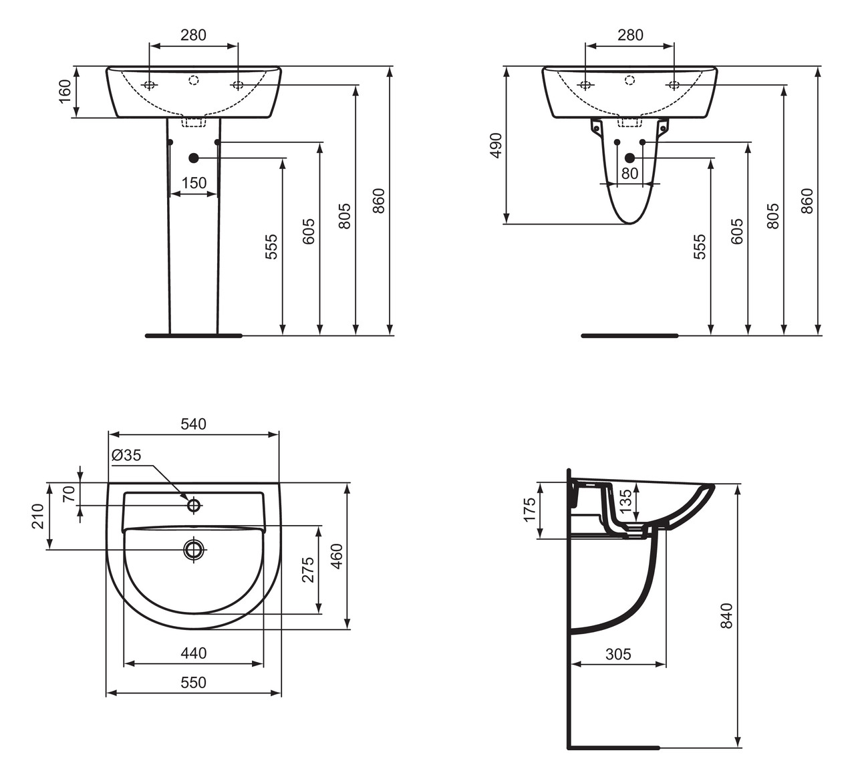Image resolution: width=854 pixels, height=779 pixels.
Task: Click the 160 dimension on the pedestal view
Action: (x=64, y=92)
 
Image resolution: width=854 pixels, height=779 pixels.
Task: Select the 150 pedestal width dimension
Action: (x=194, y=182)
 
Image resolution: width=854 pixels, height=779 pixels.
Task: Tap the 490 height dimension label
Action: (x=495, y=145)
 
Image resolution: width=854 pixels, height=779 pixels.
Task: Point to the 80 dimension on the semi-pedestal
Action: (x=629, y=174)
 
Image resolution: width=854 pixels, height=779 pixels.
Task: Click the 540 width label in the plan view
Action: (x=193, y=424)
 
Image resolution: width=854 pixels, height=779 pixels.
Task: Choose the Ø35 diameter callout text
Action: (x=126, y=455)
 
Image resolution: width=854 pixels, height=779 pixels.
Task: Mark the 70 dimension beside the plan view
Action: (x=67, y=494)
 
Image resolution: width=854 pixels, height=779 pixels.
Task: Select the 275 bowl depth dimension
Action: (x=307, y=569)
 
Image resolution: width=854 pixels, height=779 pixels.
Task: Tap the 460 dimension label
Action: (x=337, y=556)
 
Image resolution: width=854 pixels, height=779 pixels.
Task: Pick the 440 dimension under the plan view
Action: (x=193, y=653)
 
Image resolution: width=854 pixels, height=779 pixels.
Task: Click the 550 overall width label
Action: (x=193, y=682)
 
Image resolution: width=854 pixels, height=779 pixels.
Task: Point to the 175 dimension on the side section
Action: (x=530, y=510)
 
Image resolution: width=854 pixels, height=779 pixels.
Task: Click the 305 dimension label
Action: (x=618, y=654)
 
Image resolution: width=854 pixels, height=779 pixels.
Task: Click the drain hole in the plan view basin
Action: (x=194, y=549)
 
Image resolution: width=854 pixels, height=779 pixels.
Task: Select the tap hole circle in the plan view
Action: (x=194, y=505)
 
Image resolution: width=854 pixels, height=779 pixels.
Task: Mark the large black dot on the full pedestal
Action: (x=194, y=158)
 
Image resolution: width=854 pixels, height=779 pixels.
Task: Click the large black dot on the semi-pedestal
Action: (x=629, y=158)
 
